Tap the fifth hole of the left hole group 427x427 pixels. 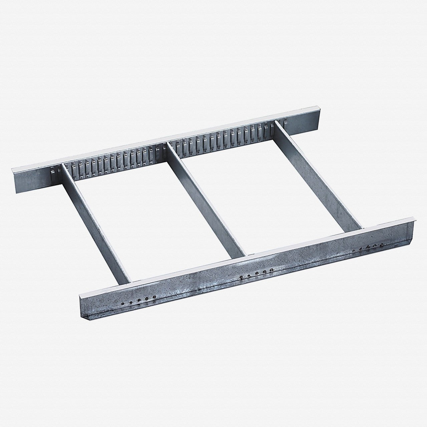click(x=154, y=297)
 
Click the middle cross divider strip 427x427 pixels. click(x=207, y=197)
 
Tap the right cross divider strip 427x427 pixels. click(x=320, y=173)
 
